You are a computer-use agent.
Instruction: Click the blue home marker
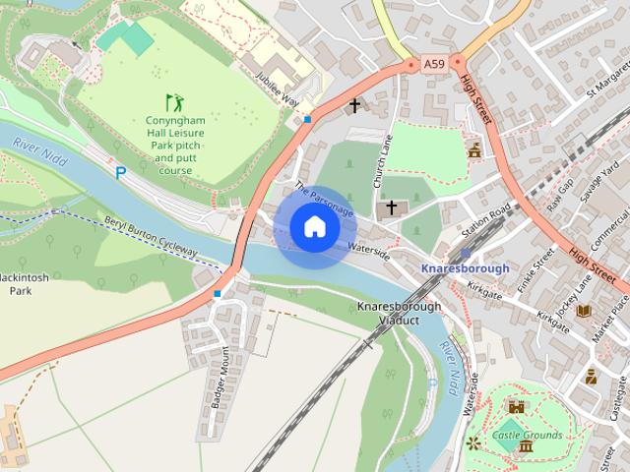click(x=314, y=227)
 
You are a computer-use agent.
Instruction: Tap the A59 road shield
click(x=434, y=64)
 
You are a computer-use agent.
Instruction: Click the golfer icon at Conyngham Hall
click(x=173, y=101)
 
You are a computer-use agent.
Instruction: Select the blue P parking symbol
click(x=121, y=173)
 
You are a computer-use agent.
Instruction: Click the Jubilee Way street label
click(x=277, y=87)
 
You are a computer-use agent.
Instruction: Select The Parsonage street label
click(x=323, y=200)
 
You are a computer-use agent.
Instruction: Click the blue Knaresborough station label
click(x=465, y=268)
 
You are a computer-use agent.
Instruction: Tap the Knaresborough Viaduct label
click(x=401, y=314)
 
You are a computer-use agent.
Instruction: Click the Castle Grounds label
click(x=528, y=435)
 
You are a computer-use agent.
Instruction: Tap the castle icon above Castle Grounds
click(x=516, y=405)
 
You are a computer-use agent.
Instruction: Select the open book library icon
click(x=584, y=311)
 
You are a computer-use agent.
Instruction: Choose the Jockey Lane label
click(x=574, y=294)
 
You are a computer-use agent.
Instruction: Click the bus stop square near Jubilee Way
click(x=308, y=119)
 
